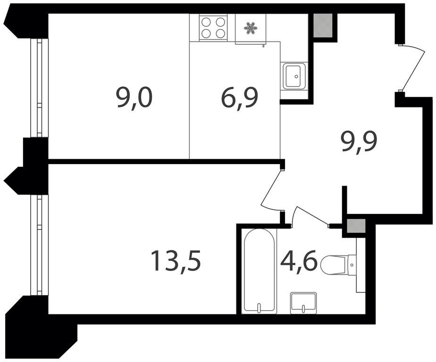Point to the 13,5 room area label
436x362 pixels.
point(175,261)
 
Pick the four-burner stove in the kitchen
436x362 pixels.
point(213,27)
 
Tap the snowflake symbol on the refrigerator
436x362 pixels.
point(250,29)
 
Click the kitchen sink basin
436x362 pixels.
point(294,75)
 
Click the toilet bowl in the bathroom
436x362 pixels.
point(333,263)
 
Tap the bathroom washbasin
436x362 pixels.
point(303,303)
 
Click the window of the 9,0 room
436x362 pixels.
point(39,88)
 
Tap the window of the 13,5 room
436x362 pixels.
point(39,245)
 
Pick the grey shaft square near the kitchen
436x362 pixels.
point(323,25)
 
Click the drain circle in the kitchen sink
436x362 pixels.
point(296,76)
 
